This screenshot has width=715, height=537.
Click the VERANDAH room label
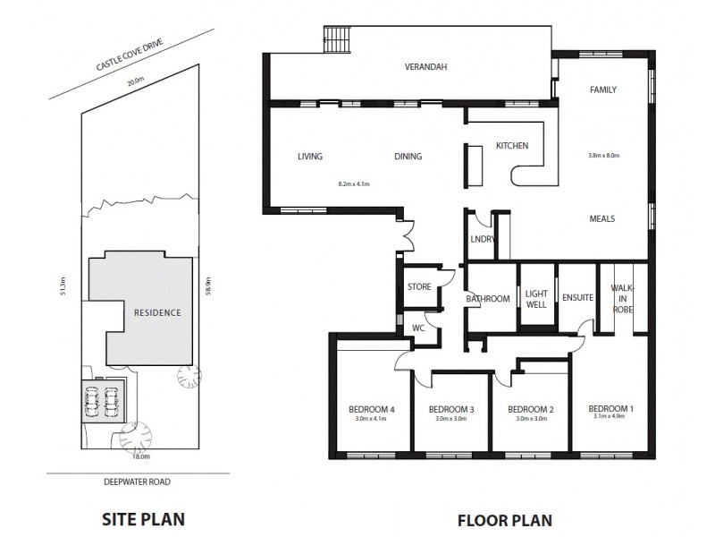pos(425,67)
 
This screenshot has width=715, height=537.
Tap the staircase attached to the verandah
pos(338,39)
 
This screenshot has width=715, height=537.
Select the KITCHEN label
pos(512,146)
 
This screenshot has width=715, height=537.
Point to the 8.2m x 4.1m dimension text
pos(354,184)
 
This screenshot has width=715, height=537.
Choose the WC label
pos(417,328)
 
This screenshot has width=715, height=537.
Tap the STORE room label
pos(419,287)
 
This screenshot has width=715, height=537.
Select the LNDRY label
pos(482,240)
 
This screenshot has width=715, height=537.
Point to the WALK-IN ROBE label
pos(622,298)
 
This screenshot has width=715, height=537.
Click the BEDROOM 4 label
pos(371,410)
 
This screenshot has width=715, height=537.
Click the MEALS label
pos(601,218)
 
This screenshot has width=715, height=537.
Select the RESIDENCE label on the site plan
pos(157,312)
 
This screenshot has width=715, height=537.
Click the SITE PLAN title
pos(143,518)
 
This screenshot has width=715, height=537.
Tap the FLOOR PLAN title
pos(505,518)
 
